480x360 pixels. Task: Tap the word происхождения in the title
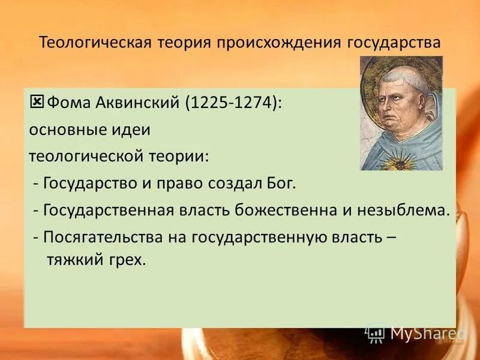point(277,43)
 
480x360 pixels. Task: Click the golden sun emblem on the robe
point(400,160)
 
